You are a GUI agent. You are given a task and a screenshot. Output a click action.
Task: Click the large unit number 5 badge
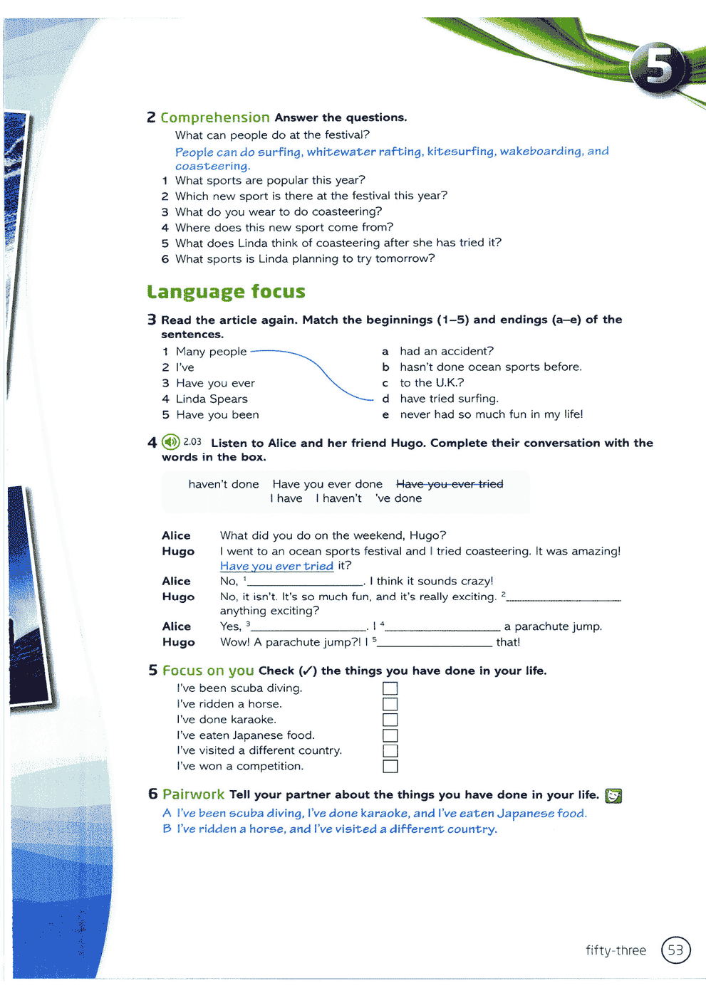659,68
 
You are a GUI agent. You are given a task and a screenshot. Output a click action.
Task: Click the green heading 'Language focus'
226,292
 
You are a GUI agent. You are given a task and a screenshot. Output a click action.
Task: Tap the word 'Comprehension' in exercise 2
214,117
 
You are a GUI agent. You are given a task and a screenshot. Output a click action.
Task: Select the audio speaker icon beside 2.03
171,442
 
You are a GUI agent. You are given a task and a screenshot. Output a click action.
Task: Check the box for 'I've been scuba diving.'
390,688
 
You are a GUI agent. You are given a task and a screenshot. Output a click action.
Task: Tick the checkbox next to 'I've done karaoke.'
390,720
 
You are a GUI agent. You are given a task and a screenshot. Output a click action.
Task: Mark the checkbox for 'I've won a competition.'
390,767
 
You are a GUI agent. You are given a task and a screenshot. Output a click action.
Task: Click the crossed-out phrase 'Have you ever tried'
450,484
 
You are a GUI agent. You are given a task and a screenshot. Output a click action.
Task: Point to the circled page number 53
675,950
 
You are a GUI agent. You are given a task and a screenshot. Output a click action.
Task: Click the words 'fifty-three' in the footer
616,950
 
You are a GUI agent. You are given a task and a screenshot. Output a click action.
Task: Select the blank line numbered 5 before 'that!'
435,643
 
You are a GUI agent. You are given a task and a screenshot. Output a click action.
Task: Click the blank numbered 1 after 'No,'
305,582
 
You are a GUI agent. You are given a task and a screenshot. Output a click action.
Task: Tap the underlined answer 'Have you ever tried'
276,566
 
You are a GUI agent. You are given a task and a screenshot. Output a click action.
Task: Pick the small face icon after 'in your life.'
613,796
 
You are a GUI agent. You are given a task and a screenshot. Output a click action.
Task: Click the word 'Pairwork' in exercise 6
193,794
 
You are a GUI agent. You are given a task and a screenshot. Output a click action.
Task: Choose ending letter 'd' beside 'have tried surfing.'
385,399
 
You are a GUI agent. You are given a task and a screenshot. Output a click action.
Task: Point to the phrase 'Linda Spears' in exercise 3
212,399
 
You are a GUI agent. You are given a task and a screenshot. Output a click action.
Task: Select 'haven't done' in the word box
224,484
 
